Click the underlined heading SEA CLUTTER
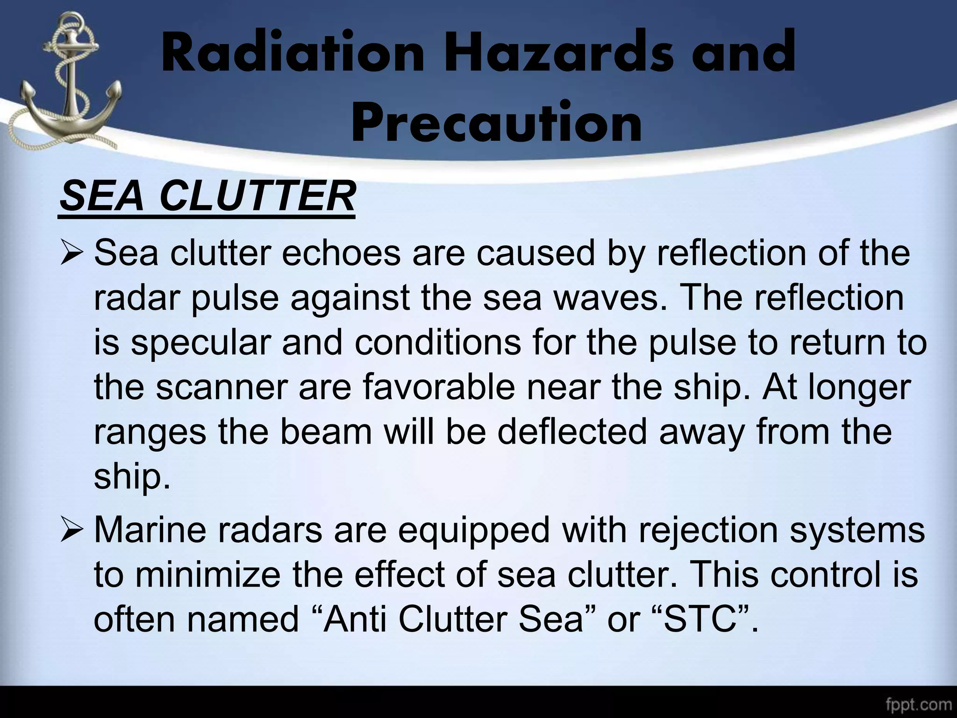tap(207, 197)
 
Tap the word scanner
tap(220, 388)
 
